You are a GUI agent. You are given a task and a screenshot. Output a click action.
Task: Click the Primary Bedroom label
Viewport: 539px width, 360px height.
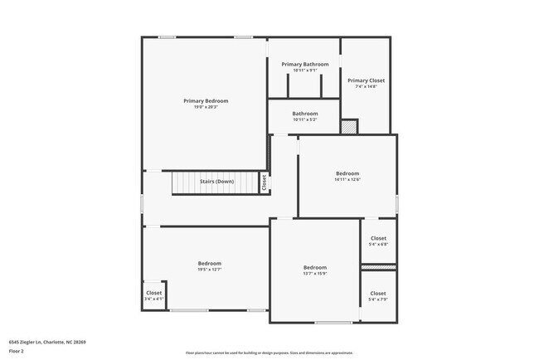(206, 100)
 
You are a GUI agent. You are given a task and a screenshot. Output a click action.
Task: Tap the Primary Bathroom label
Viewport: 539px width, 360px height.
(304, 64)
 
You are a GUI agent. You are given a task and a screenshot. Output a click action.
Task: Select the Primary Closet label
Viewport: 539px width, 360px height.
(366, 80)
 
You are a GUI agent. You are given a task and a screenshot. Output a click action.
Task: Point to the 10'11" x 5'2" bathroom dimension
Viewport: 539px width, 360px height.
(304, 119)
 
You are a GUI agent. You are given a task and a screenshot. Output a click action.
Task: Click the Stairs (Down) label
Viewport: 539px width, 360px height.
(216, 181)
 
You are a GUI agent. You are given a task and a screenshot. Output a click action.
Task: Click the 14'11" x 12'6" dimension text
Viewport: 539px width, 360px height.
(347, 179)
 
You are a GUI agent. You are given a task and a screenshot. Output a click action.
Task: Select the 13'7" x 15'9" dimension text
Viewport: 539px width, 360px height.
(314, 274)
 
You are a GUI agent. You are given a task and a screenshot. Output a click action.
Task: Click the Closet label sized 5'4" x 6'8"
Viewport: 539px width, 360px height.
(377, 238)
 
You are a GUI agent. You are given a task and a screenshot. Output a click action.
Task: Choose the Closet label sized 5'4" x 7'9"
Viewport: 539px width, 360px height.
(377, 293)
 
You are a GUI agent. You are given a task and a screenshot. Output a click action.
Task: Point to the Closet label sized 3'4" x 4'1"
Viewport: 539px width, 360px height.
(154, 293)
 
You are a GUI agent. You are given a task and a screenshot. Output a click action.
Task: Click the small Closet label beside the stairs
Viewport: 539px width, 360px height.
(264, 182)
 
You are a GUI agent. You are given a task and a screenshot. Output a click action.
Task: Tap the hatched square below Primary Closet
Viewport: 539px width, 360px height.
(349, 127)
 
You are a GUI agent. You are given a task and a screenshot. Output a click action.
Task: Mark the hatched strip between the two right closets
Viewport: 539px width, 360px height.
(378, 267)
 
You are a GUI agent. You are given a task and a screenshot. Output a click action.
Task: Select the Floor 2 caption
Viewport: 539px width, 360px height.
(17, 351)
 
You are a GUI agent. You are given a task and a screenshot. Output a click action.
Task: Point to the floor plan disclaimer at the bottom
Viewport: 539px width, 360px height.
(269, 352)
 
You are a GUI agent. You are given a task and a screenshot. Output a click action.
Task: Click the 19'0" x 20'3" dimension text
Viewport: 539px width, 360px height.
(206, 106)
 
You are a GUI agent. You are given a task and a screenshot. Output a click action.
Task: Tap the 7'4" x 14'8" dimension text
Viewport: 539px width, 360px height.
(366, 86)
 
